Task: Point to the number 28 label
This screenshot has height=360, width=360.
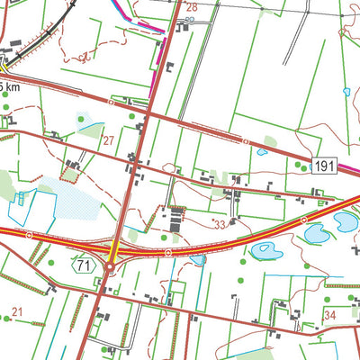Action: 191,7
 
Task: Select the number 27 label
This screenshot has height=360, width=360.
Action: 108,140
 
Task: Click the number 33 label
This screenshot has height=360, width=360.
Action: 218,222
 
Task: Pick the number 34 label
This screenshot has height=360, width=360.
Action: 330,315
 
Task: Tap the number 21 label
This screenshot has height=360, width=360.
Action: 15,317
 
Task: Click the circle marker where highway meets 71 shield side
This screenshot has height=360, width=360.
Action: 29,235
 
